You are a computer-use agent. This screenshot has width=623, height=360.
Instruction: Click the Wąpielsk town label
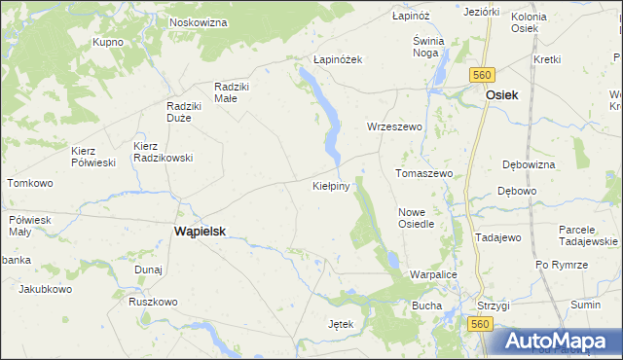point(200,232)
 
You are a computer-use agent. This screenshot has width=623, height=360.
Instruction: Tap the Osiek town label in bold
point(502,94)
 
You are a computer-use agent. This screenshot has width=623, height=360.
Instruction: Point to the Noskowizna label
point(198,21)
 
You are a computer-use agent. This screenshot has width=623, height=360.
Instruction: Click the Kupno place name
point(107,43)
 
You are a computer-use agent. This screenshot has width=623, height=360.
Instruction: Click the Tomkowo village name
point(29,183)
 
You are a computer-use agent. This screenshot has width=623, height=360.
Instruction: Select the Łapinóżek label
point(338,59)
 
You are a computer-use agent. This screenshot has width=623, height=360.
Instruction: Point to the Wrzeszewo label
point(393,127)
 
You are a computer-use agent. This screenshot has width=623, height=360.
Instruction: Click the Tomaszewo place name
point(424,173)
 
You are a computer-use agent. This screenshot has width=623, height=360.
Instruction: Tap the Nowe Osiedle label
point(417,217)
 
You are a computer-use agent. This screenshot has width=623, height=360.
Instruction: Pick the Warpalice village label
point(432,275)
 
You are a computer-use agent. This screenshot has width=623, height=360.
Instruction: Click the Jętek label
point(345,323)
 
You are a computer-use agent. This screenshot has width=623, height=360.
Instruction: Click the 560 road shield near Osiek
point(482,75)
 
